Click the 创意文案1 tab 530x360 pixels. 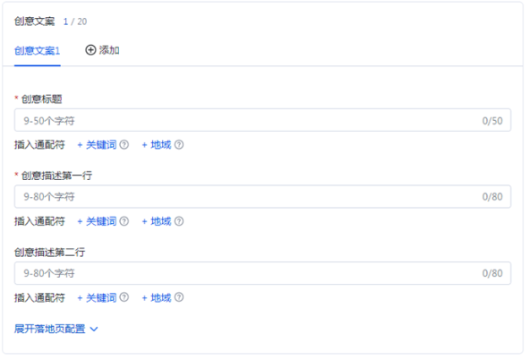(38, 51)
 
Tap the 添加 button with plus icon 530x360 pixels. (102, 50)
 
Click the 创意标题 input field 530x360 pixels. (262, 120)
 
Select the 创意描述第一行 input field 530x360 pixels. (262, 196)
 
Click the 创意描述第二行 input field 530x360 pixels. (262, 273)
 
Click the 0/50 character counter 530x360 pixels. (492, 121)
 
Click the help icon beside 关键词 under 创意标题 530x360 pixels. (124, 145)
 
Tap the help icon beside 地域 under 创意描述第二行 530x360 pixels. (179, 297)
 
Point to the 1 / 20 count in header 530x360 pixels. (75, 21)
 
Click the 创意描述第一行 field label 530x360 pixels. (56, 176)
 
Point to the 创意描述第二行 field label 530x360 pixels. (50, 253)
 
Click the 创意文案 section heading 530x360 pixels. (35, 21)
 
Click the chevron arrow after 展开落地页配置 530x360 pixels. (94, 330)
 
